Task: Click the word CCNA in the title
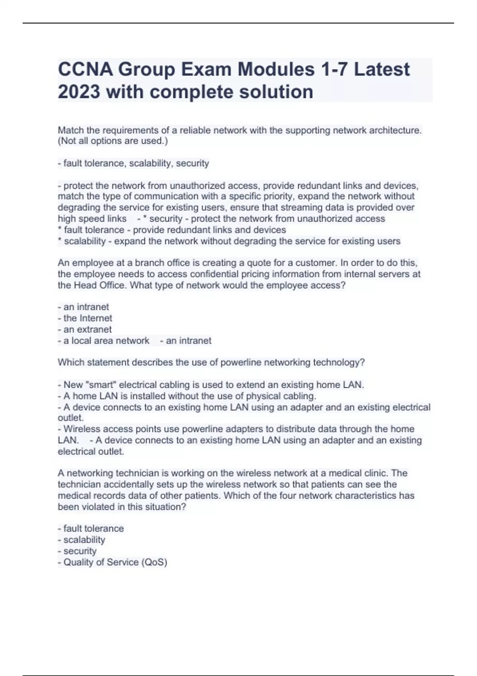click(x=84, y=70)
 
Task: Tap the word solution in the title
click(x=276, y=92)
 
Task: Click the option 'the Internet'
click(x=87, y=318)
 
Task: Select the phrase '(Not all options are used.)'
click(x=113, y=141)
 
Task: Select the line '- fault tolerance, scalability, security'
click(x=134, y=163)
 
